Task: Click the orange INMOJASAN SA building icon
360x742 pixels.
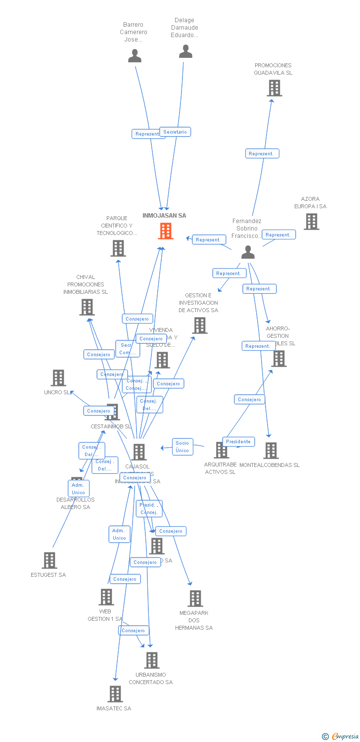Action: coord(166,231)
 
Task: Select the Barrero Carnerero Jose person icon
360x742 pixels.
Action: coord(135,56)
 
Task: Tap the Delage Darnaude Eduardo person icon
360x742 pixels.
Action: coord(185,51)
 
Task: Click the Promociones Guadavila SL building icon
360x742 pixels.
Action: coord(274,88)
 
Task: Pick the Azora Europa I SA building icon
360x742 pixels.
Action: coord(311,222)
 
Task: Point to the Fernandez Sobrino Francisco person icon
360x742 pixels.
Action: coord(248,252)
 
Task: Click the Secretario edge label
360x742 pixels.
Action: coord(175,132)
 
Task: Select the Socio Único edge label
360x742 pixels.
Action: coord(182,446)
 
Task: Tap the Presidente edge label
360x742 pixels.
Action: coord(238,441)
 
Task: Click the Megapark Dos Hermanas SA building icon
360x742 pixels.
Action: coord(195,599)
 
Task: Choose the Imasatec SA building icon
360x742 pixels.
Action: coord(115,694)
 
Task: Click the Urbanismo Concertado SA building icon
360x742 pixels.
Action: coord(152,660)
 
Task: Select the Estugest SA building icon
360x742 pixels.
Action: coord(49,560)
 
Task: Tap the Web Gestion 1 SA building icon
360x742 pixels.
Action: coord(106,597)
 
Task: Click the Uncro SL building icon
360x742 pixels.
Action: coord(58,378)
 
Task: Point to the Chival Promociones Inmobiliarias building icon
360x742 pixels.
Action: coord(87,307)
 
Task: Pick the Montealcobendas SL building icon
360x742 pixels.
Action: coord(270,451)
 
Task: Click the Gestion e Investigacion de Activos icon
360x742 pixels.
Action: coord(200,325)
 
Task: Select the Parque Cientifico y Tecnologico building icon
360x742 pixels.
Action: coord(118,248)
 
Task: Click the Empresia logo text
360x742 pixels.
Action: coord(345,737)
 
